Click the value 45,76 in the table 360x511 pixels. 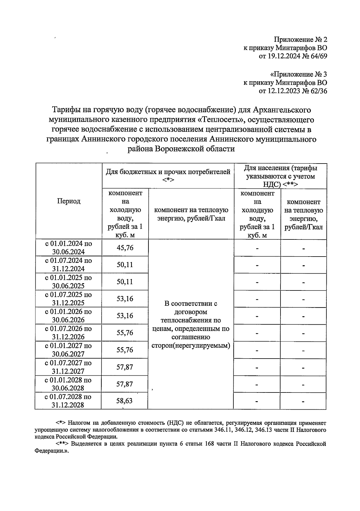(125, 248)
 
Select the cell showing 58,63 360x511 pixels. (124, 401)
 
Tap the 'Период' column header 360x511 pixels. (69, 201)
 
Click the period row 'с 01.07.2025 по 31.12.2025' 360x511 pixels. (68, 299)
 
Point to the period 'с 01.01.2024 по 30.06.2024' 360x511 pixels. (68, 248)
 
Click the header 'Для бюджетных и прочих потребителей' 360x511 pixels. (168, 172)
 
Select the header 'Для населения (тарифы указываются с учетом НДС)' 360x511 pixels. (280, 176)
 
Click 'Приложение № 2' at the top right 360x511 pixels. (300, 40)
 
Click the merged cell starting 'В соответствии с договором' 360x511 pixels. (190, 324)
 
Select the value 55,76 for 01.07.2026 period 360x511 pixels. (125, 333)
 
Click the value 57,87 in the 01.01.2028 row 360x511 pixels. (125, 384)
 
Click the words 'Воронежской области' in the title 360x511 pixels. (194, 149)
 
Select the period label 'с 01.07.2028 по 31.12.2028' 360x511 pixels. (68, 401)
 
